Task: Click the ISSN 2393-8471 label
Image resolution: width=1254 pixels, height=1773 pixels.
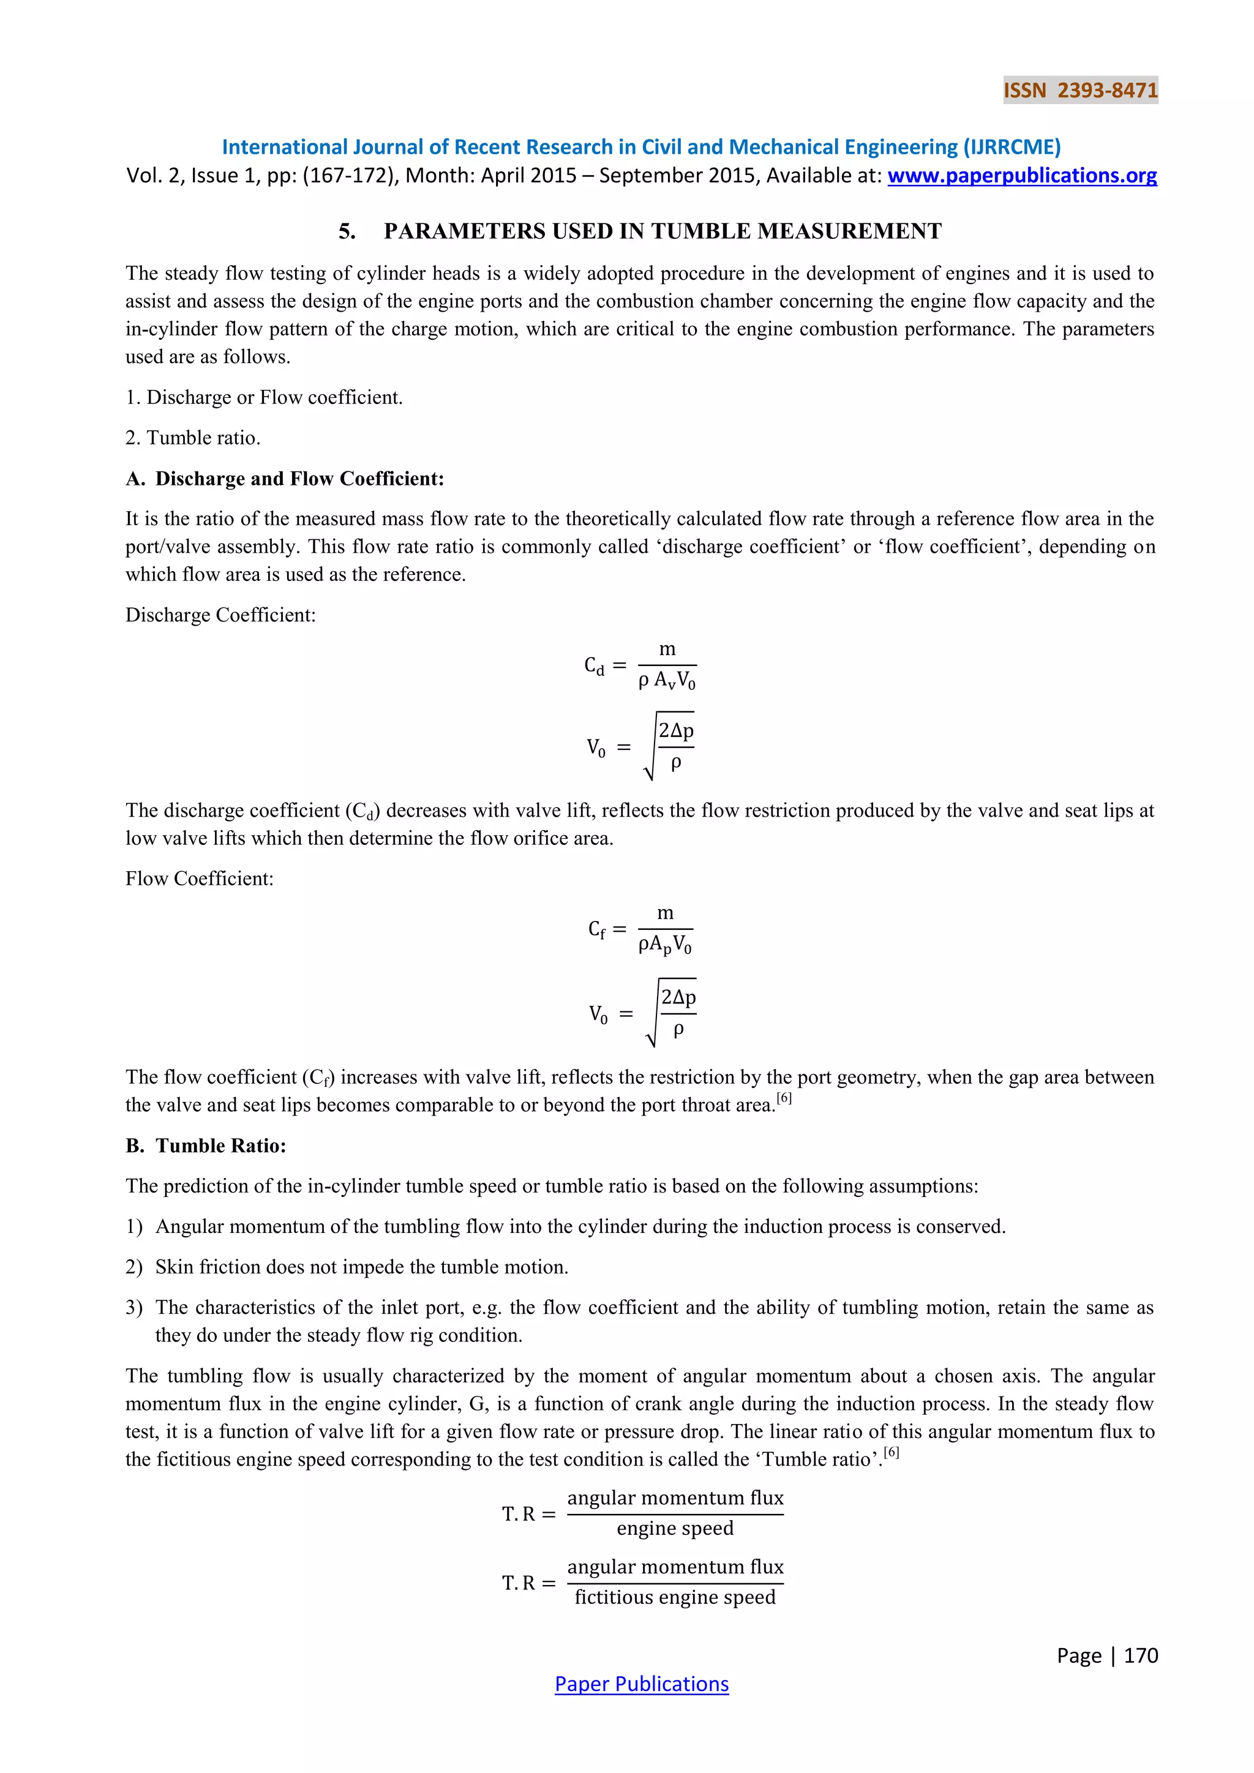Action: pos(1080,91)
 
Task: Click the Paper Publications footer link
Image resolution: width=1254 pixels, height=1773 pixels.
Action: pos(641,1684)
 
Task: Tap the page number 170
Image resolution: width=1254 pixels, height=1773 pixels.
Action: pos(1141,1655)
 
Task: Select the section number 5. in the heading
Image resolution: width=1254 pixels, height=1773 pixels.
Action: pos(347,231)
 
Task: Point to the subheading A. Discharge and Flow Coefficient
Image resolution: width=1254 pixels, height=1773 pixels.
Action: pos(285,479)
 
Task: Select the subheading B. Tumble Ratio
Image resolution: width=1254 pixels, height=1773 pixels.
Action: pos(206,1145)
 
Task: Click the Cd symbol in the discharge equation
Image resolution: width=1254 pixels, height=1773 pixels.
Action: pos(594,665)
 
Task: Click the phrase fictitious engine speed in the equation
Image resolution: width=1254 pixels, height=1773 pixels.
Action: pos(675,1597)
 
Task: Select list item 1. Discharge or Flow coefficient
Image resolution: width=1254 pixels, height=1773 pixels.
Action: pos(264,398)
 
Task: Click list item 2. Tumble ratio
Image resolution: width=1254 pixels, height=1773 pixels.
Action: pos(193,438)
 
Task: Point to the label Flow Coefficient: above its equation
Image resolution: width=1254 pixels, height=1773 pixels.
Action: pos(199,879)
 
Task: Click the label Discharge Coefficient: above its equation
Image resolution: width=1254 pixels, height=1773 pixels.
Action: pos(221,615)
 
